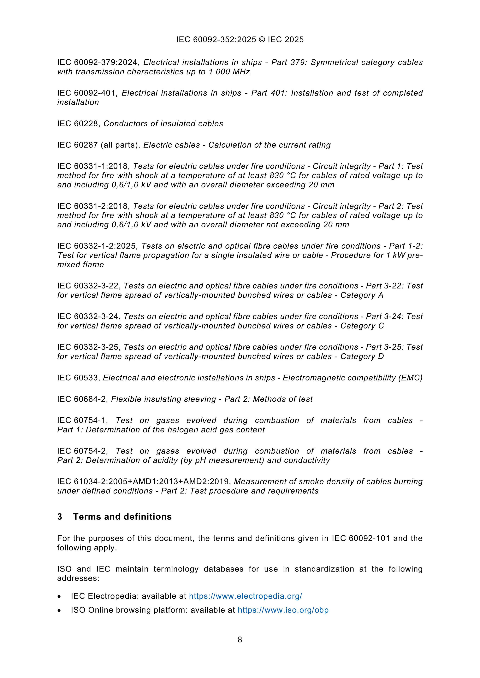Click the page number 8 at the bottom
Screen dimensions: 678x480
click(240, 640)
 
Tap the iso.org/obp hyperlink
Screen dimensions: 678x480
click(283, 610)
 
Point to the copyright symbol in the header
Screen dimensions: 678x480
click(262, 40)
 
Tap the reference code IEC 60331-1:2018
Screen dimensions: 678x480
click(93, 166)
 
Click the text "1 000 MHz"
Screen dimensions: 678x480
click(229, 72)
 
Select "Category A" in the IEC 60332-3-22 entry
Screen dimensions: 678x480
click(362, 295)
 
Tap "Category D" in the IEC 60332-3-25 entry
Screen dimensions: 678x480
click(362, 356)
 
